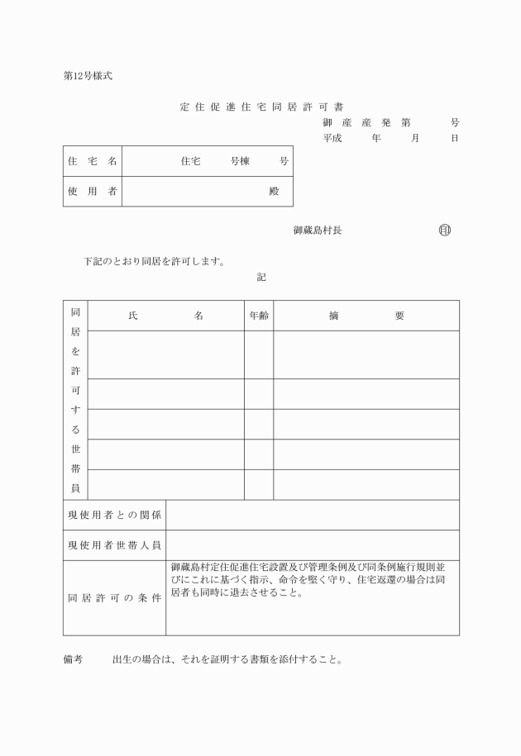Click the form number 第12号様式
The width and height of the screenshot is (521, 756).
[88, 76]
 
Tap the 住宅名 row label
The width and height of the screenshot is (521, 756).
[92, 161]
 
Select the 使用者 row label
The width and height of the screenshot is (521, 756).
[92, 192]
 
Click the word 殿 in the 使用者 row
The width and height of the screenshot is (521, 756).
[275, 192]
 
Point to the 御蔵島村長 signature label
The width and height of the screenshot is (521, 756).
[318, 231]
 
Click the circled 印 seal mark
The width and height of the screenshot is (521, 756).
[445, 231]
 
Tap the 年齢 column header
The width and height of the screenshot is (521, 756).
[259, 316]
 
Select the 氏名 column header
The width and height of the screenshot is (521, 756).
[165, 316]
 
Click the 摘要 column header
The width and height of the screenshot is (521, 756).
[366, 316]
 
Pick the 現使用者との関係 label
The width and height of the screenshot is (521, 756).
[114, 516]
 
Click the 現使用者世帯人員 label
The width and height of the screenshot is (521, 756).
[114, 545]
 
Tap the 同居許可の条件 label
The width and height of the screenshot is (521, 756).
[114, 598]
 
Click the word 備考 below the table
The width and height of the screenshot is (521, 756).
[74, 660]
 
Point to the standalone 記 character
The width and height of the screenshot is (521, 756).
[261, 278]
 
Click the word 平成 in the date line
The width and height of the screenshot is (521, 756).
[332, 138]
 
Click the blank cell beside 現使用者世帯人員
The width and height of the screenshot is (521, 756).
[313, 545]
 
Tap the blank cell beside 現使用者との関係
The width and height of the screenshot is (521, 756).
[313, 516]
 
